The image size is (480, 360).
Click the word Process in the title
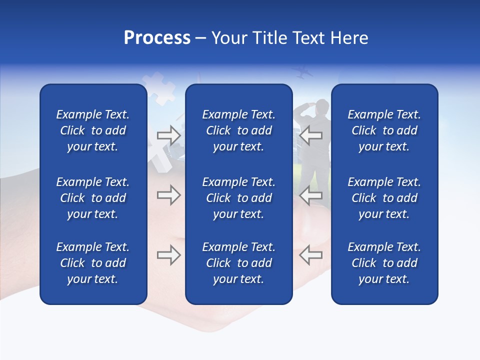tap(157, 38)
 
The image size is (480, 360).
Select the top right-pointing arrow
tap(168, 135)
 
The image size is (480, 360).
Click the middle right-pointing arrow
tap(168, 195)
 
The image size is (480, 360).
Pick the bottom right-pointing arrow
tap(168, 255)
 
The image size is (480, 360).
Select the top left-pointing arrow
tap(311, 135)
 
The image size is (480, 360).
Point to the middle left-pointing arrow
tap(311, 195)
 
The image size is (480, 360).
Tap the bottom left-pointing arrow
tap(311, 255)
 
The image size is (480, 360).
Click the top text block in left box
tap(93, 130)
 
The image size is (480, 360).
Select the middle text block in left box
tap(93, 198)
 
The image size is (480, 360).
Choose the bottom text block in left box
tap(93, 263)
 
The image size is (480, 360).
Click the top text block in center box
tap(239, 130)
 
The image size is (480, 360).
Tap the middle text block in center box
tap(239, 198)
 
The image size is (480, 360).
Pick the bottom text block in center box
tap(239, 263)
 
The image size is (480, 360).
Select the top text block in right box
tap(384, 130)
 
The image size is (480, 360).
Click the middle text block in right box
tap(384, 198)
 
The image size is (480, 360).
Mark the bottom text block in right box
tap(384, 263)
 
